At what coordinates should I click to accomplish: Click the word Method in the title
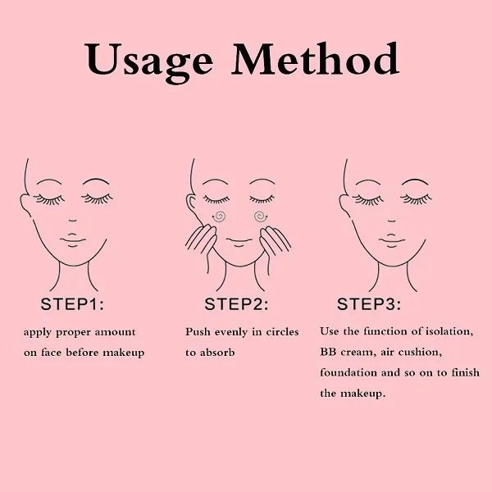pos(316,59)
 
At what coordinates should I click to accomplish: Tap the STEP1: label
pos(72,304)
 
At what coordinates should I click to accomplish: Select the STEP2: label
pos(236,304)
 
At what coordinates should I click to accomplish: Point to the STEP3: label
pos(369,304)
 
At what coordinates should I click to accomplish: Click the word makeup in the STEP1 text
pos(124,353)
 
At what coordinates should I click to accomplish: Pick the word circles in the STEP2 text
pos(282,331)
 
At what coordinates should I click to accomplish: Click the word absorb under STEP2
pos(217,352)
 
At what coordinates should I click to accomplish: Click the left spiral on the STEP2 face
pos(218,216)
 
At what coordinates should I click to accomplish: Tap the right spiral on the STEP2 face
pos(260,216)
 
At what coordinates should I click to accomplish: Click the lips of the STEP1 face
pos(73,240)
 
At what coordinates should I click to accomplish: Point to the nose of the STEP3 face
pos(392,221)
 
